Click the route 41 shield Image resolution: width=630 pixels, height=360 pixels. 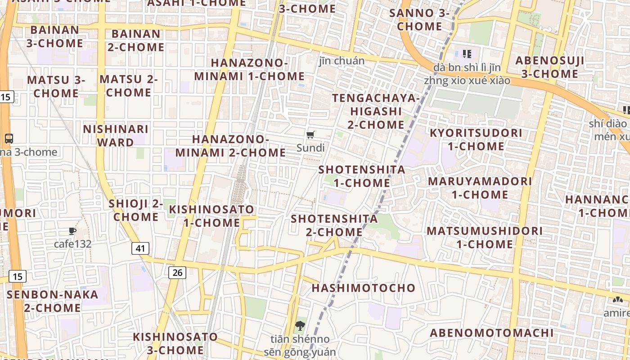point(140,248)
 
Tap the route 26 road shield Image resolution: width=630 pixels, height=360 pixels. point(177,272)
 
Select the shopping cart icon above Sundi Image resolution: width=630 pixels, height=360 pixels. point(310,135)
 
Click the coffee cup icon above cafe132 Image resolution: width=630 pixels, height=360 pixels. point(72,231)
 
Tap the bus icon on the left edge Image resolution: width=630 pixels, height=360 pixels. point(9,138)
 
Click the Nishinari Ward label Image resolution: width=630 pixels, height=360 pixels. point(116,135)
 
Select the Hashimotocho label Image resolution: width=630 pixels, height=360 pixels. point(364,288)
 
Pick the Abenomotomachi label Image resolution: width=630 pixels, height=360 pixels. point(491,333)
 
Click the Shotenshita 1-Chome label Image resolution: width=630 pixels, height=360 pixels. point(362,176)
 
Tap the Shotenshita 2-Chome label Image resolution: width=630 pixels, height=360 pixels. point(334,225)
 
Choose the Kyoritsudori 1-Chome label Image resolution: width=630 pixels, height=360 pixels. point(476,139)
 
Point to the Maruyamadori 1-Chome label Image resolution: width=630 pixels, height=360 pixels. point(480,188)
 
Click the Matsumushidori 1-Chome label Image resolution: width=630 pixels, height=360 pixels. point(485,237)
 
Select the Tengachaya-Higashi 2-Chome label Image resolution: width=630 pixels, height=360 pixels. point(376,111)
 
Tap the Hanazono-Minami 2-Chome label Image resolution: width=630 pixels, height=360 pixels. point(230,146)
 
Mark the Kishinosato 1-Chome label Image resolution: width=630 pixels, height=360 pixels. point(211,216)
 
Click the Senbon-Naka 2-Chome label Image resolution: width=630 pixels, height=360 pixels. point(52,301)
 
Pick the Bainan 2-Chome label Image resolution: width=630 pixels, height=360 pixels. point(136,40)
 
